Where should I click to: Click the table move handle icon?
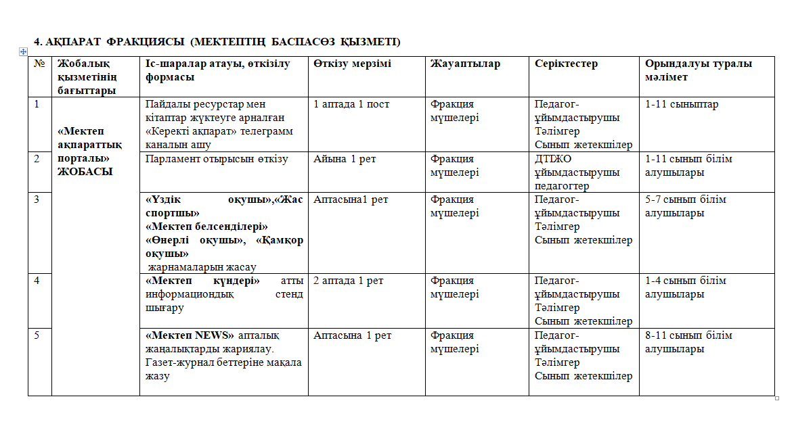(x=23, y=52)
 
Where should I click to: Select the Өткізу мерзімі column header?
(x=352, y=64)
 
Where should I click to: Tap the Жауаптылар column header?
(x=465, y=64)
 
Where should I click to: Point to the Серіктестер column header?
(x=566, y=64)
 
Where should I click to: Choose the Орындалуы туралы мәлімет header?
(x=698, y=70)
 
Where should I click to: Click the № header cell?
(x=39, y=64)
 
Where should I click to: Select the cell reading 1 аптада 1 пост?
(x=351, y=105)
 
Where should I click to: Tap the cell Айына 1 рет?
(x=345, y=159)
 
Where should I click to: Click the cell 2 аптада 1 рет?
(x=348, y=281)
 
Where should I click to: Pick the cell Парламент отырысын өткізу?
(x=217, y=159)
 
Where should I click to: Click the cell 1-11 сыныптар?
(x=681, y=105)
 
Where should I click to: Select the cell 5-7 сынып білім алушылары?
(x=688, y=206)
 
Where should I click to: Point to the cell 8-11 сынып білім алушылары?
(x=688, y=342)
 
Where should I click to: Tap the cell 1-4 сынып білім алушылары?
(x=685, y=287)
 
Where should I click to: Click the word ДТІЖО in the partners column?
(x=554, y=159)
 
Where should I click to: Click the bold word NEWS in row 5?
(x=214, y=335)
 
